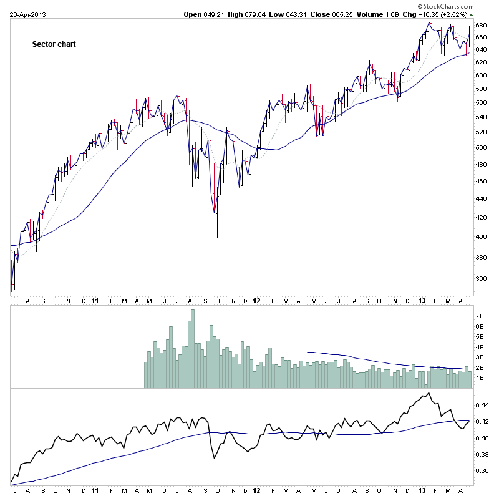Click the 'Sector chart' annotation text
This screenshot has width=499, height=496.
point(54,44)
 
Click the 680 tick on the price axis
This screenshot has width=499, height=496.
point(481,26)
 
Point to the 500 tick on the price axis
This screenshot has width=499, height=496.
point(481,148)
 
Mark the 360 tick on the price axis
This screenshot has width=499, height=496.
point(481,279)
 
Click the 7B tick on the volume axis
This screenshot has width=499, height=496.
point(480,316)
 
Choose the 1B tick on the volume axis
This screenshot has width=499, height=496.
point(480,378)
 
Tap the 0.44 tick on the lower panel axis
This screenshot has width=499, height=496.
point(482,405)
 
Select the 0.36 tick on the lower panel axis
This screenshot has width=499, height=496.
point(482,471)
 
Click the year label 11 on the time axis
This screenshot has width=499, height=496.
point(95,300)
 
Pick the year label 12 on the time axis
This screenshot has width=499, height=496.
point(257,300)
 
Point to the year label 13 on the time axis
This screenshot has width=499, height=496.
point(422,300)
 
